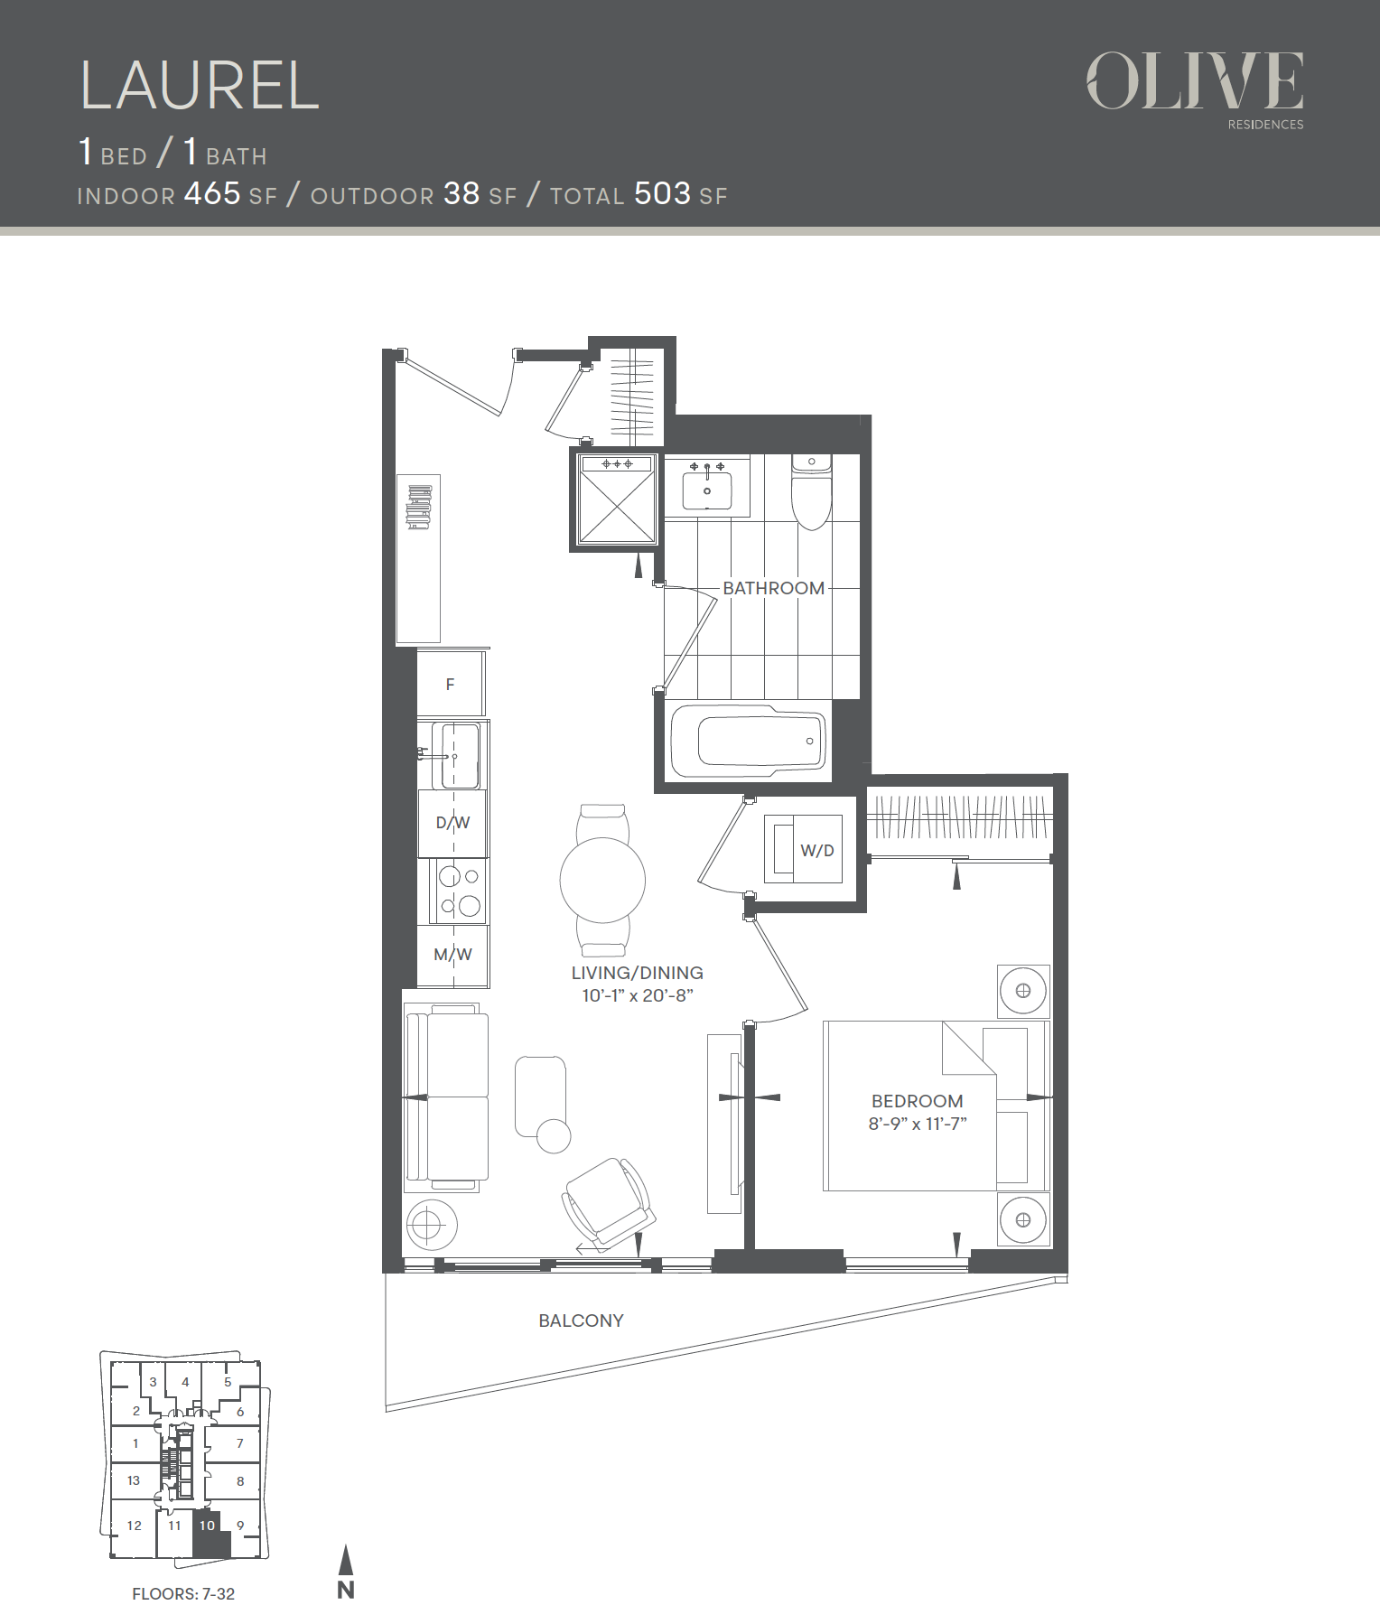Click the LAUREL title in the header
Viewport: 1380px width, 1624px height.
click(200, 86)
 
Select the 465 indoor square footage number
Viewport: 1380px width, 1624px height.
click(212, 193)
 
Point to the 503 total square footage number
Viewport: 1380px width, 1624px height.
click(662, 193)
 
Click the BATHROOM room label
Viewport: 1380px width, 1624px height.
click(774, 588)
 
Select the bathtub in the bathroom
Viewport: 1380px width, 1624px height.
click(748, 741)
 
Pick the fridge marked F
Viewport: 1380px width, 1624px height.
click(450, 684)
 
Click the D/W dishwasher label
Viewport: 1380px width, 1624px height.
click(452, 823)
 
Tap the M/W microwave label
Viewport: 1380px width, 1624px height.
click(452, 955)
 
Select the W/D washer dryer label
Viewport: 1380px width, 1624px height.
click(817, 851)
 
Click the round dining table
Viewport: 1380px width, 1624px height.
click(602, 880)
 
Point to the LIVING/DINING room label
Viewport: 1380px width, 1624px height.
click(637, 973)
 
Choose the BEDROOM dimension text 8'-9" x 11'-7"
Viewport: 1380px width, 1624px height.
click(918, 1124)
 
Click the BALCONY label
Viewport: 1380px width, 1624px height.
click(581, 1321)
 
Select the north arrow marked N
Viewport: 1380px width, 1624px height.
click(346, 1573)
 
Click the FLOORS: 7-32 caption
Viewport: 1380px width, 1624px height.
click(183, 1594)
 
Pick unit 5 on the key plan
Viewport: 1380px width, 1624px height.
click(228, 1382)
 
